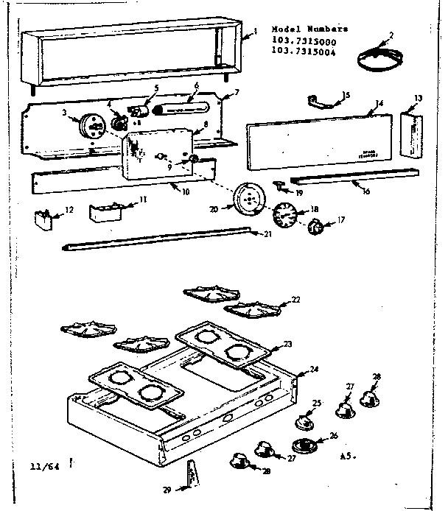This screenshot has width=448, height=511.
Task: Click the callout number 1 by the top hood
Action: click(x=255, y=32)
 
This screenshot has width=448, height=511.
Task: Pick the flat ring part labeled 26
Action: click(x=304, y=445)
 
